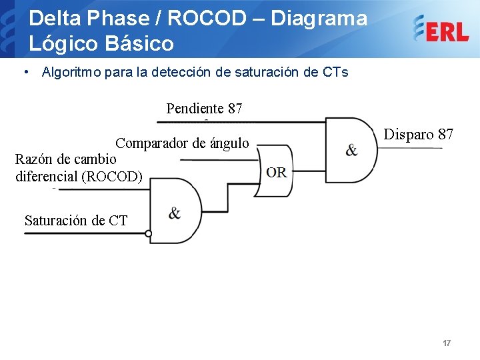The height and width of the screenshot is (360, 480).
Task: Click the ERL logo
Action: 440,28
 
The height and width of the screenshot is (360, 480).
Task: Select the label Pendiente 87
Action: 204,108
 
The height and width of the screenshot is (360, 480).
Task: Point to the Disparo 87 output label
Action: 419,134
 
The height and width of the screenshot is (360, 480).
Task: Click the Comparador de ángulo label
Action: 182,143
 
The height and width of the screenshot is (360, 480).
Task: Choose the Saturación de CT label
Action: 76,220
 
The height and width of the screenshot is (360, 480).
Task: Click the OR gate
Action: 275,172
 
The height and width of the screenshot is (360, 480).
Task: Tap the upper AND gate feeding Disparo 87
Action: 351,150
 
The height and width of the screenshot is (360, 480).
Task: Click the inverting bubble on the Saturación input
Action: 149,233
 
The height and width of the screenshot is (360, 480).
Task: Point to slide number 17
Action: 447,343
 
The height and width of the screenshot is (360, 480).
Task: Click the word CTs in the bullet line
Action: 335,72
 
